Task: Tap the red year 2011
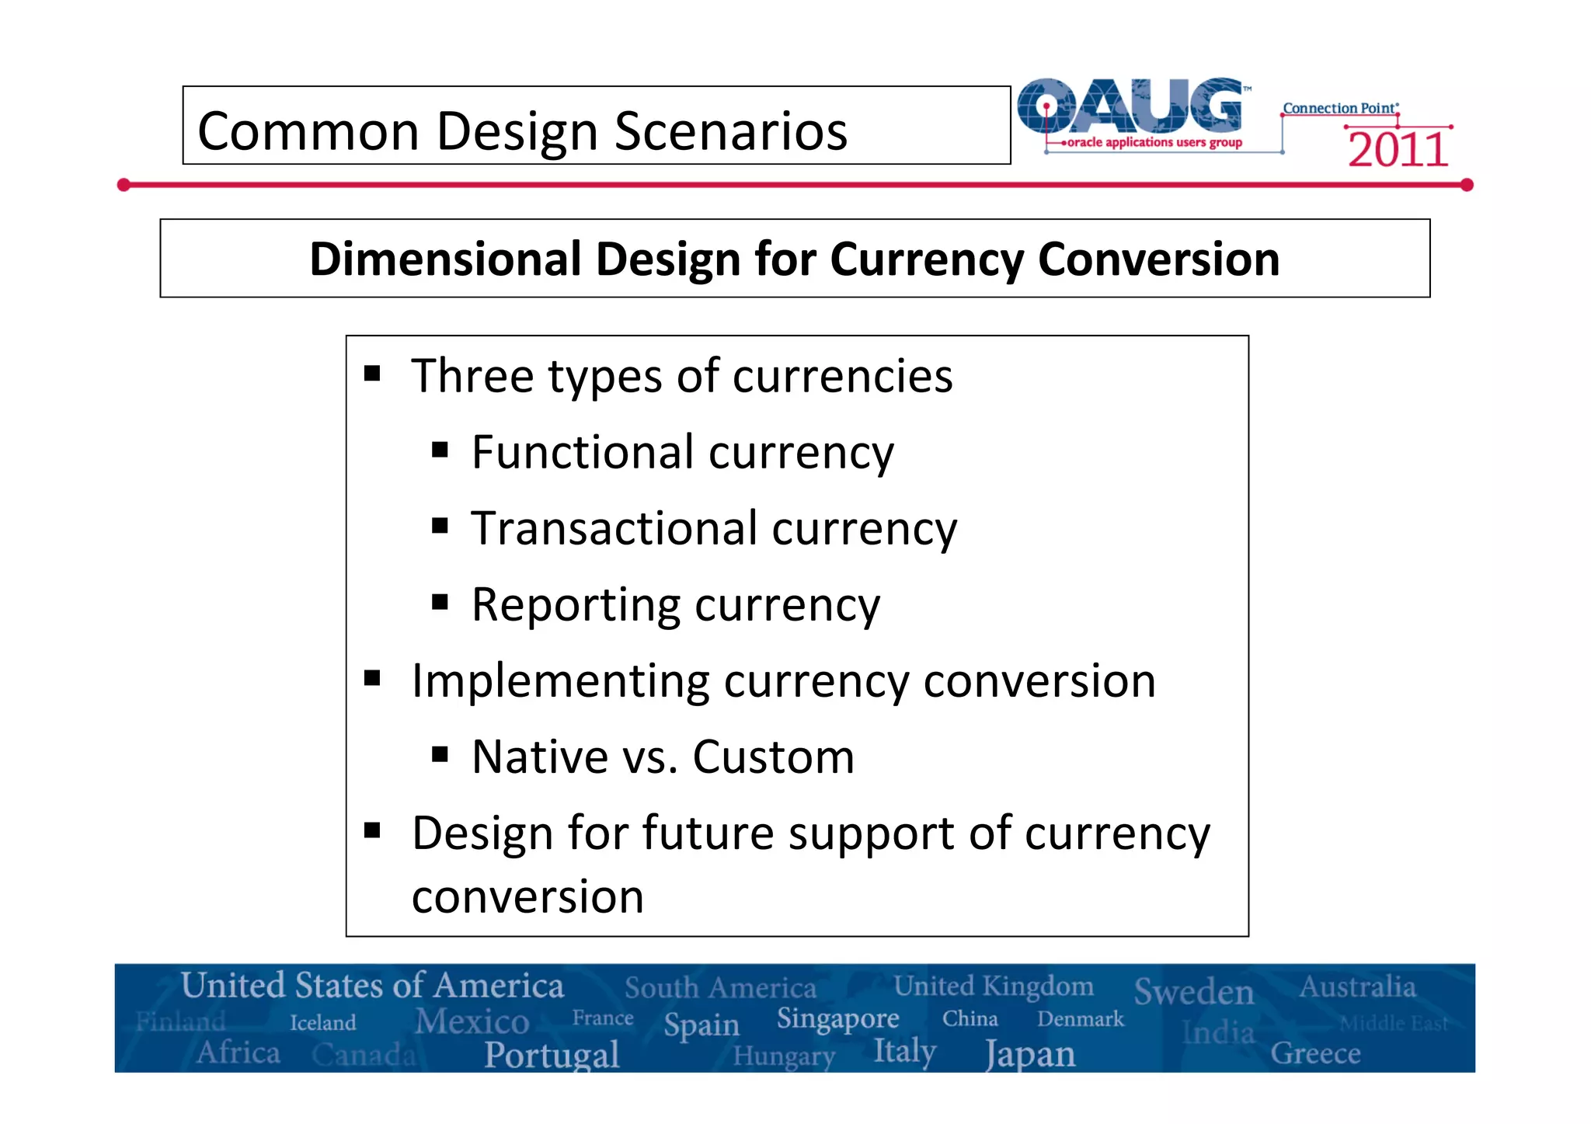pyautogui.click(x=1398, y=149)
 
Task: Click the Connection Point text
pyautogui.click(x=1340, y=108)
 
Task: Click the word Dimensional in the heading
pyautogui.click(x=445, y=259)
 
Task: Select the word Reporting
pyautogui.click(x=576, y=604)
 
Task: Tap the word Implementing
pyautogui.click(x=560, y=680)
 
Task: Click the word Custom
pyautogui.click(x=773, y=757)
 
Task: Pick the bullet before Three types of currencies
pyautogui.click(x=372, y=374)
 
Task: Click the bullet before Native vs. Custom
pyautogui.click(x=440, y=754)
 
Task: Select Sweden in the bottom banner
pyautogui.click(x=1193, y=992)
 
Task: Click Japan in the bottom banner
pyautogui.click(x=1030, y=1054)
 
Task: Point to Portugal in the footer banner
pyautogui.click(x=552, y=1054)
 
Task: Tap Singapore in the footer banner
pyautogui.click(x=837, y=1018)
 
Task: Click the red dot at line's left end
pyautogui.click(x=124, y=185)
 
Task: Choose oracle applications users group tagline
pyautogui.click(x=1154, y=142)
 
